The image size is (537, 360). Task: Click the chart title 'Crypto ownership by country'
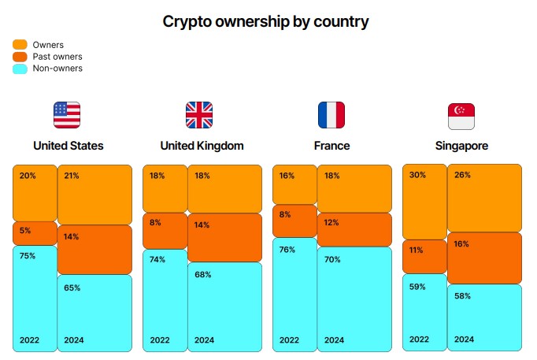point(265,21)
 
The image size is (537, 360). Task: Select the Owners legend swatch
point(20,45)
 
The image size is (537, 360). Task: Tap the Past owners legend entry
point(48,57)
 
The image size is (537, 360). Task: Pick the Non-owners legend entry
point(48,69)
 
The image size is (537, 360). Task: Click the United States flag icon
point(67,115)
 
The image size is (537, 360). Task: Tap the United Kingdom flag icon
point(199,115)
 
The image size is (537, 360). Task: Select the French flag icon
point(331,115)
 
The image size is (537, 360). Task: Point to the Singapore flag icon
point(461,116)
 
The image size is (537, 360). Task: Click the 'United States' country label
point(69,146)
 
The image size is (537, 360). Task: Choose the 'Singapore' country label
point(461,146)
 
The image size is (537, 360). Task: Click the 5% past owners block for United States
point(35,233)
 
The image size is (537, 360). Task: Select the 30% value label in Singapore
point(417,175)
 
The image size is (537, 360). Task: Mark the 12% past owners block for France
point(354,229)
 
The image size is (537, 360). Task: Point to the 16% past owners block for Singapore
point(484,258)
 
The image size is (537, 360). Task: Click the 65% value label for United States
point(72,288)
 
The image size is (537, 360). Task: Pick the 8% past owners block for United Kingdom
point(165,231)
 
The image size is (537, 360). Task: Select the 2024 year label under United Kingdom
point(204,340)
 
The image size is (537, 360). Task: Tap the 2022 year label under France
point(289,340)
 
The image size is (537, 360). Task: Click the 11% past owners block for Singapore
point(424,257)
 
